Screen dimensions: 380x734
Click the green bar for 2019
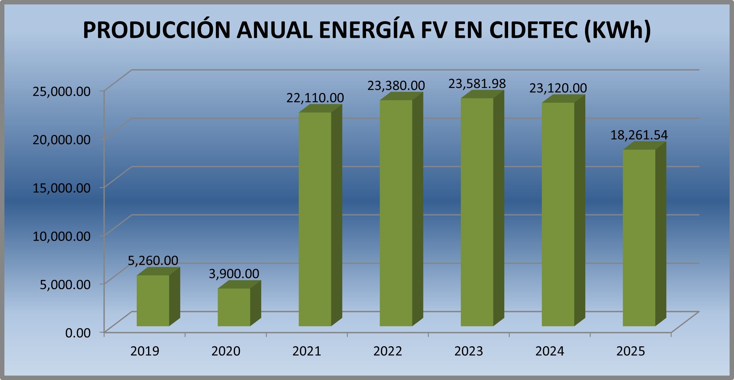[x=153, y=301]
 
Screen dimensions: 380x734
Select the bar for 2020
[x=234, y=307]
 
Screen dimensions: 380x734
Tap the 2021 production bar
[x=315, y=219]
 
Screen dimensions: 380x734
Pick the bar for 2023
[x=477, y=212]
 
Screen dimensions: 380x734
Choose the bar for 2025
[x=639, y=238]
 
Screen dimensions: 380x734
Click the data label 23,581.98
[x=477, y=84]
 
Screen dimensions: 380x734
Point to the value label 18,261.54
[x=639, y=135]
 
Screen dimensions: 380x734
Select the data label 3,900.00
[x=234, y=273]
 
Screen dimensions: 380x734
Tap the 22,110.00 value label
[x=315, y=98]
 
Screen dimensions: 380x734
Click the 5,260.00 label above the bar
[x=153, y=260]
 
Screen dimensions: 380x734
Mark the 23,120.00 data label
[x=558, y=88]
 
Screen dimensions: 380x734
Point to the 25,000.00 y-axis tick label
[x=62, y=91]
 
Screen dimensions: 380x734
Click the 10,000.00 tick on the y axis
[x=62, y=236]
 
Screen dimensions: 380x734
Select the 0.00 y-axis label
[x=78, y=333]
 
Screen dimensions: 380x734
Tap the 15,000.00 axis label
[x=62, y=188]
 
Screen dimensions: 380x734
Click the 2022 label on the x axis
[x=388, y=351]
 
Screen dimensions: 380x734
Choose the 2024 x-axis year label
[x=550, y=351]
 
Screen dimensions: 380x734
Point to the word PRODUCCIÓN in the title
[x=157, y=30]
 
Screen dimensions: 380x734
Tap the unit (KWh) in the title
[x=617, y=30]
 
